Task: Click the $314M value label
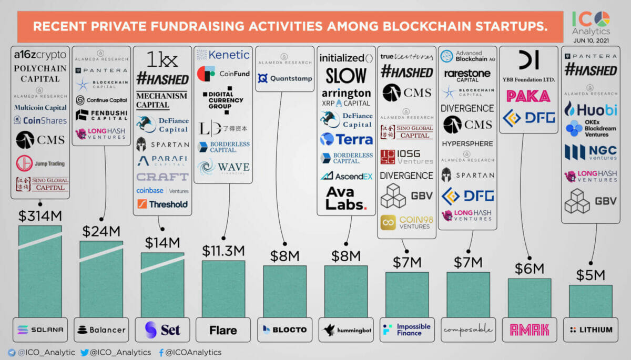40,216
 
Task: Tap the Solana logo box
40,330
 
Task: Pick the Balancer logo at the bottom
101,330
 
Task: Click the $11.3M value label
223,251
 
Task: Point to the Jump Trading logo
40,163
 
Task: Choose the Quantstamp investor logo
284,78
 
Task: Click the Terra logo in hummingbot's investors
347,139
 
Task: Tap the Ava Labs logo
346,198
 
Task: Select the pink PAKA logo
528,96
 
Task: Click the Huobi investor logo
589,109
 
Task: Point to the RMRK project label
529,330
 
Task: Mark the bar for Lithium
590,301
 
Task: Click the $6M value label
529,269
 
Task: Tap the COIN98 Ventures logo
406,223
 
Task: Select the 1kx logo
162,59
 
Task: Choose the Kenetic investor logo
223,55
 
